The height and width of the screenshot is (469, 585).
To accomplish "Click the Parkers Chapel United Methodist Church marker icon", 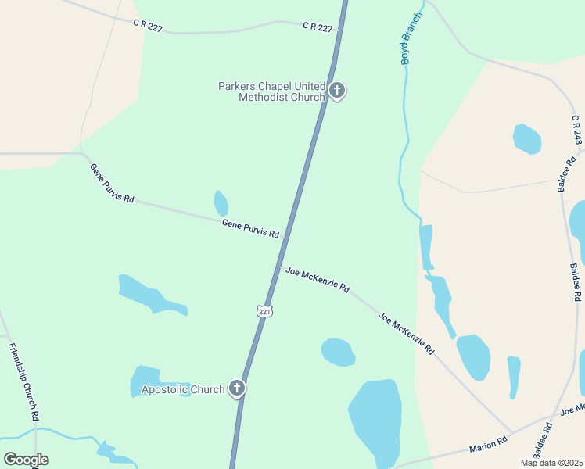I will pos(337,91).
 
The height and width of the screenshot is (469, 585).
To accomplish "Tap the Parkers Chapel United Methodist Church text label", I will pos(271,91).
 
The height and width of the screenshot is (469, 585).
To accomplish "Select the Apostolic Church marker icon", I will pos(237,388).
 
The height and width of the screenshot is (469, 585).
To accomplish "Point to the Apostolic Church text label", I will pos(182,389).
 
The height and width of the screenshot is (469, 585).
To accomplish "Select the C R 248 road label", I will pos(577,130).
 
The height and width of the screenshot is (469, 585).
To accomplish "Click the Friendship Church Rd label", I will pos(24,381).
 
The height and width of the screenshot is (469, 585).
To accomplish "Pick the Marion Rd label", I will pos(488,445).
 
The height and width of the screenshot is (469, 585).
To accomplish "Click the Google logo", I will pos(26,460).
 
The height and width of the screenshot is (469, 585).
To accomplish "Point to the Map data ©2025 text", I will pos(551,463).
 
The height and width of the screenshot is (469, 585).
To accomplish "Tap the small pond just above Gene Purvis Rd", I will pos(221,203).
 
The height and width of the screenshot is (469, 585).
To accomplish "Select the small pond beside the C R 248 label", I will pos(526,138).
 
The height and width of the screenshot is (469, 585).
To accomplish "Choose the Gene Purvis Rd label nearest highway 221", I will pos(250,228).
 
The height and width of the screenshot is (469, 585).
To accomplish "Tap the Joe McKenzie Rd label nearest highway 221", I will pos(317,278).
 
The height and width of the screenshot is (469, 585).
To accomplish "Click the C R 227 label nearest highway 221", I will pos(318,27).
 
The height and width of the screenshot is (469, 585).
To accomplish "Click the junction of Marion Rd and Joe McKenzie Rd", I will pos(513,435).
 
